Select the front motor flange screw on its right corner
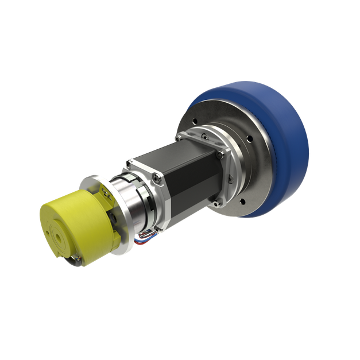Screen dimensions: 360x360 pos(219,154)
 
